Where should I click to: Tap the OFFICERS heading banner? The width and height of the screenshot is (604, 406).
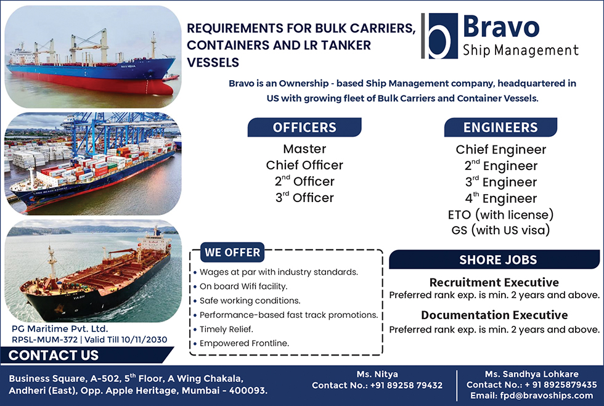pos(304,128)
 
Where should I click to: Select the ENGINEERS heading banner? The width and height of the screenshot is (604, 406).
pos(500,128)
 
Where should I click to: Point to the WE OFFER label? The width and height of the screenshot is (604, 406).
pos(232,253)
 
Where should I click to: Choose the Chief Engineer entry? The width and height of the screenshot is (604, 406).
pos(500,150)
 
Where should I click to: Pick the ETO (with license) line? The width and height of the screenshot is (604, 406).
pos(500,214)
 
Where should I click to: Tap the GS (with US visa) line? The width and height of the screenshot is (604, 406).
pos(500,230)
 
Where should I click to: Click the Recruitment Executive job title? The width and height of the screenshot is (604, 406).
pos(494,282)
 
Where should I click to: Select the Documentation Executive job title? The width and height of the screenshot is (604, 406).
pos(494,315)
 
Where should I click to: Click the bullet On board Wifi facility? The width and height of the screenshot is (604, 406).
pos(243,286)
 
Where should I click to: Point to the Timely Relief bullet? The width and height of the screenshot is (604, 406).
pos(226,330)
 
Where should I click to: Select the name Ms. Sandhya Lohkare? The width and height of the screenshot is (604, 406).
pos(531,374)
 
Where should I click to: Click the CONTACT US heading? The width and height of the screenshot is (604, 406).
pos(54,355)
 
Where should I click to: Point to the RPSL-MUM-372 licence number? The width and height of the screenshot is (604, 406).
pos(44,339)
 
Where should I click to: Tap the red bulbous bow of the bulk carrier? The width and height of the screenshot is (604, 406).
pos(164,88)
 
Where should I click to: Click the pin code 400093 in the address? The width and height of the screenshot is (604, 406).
pos(248,391)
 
